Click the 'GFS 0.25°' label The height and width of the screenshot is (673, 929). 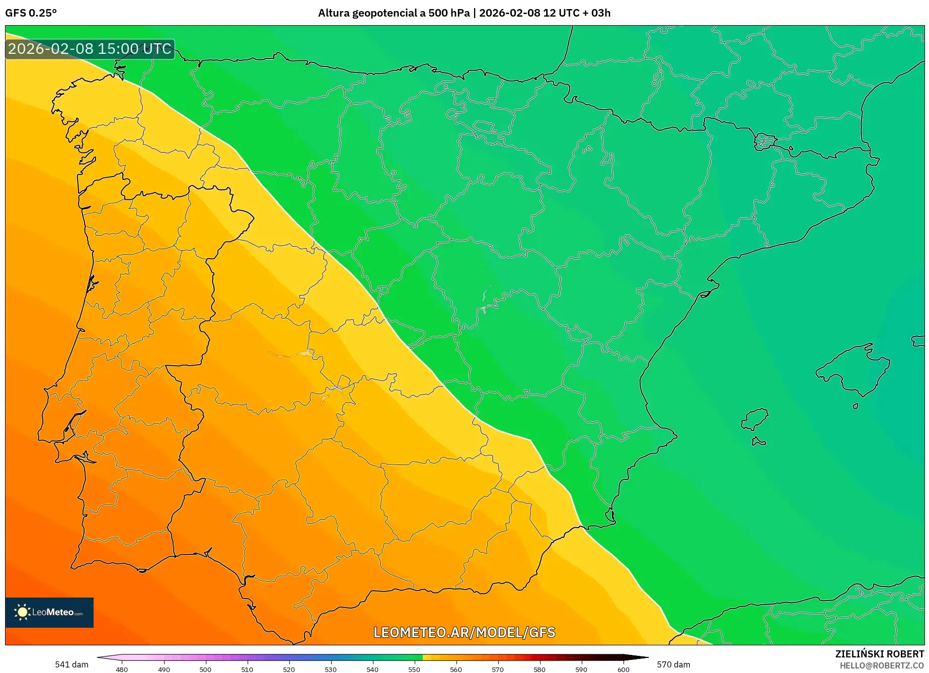click(x=31, y=13)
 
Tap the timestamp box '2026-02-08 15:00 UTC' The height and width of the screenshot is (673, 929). click(x=90, y=49)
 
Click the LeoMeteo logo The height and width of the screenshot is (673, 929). click(x=49, y=612)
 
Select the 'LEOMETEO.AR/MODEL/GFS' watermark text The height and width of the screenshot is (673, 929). click(x=464, y=632)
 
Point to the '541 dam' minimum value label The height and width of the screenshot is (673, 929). click(x=71, y=664)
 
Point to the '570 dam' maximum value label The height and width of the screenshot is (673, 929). click(x=673, y=664)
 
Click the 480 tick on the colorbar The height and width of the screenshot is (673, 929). click(x=122, y=669)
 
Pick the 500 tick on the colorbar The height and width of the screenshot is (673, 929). click(x=205, y=669)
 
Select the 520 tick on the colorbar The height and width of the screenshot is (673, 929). click(x=289, y=669)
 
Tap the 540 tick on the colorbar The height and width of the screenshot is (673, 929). click(x=372, y=669)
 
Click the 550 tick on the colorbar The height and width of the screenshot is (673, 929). click(x=414, y=669)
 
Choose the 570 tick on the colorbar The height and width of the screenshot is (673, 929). click(x=498, y=669)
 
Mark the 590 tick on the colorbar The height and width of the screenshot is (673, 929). click(x=581, y=669)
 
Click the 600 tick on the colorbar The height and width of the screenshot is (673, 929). click(x=623, y=669)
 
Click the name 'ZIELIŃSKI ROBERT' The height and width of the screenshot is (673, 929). click(x=879, y=654)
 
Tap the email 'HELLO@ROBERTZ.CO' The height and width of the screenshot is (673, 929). click(x=881, y=665)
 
